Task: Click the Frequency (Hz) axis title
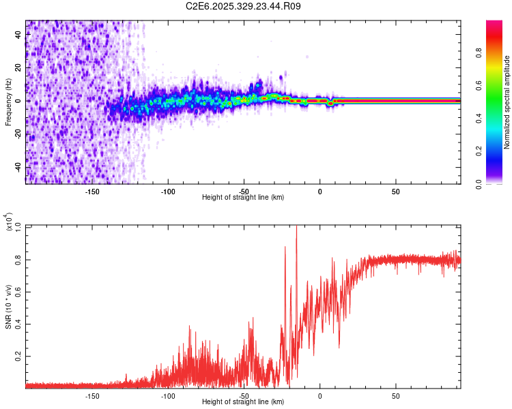click(x=8, y=102)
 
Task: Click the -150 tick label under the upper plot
click(x=92, y=192)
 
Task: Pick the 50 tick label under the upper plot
click(x=396, y=192)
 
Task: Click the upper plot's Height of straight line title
click(x=243, y=198)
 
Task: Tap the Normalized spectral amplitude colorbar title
click(x=507, y=102)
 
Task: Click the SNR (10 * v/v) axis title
click(x=8, y=305)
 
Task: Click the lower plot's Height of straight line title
click(x=243, y=402)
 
